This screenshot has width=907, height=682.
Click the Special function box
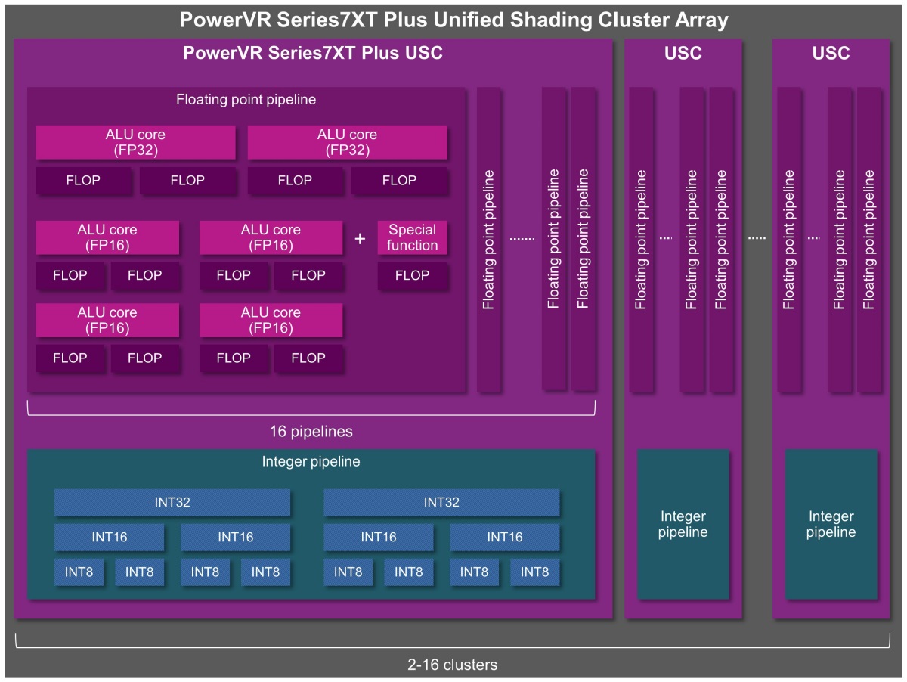(x=413, y=237)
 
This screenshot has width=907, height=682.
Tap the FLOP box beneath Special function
(x=413, y=275)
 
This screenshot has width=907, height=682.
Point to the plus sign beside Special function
(x=360, y=239)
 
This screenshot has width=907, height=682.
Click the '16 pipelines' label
(x=311, y=432)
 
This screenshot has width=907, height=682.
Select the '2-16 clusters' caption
(x=452, y=665)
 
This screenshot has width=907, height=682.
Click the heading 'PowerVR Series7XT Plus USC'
(x=313, y=54)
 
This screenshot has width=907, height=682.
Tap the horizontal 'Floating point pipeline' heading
(x=246, y=99)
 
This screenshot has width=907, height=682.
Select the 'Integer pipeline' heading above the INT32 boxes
(x=311, y=461)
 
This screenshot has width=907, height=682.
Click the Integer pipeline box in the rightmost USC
(x=831, y=524)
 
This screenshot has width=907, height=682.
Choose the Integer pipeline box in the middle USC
(x=683, y=524)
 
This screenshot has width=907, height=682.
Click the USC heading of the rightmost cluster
(x=831, y=54)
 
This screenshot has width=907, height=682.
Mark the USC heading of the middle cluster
(x=683, y=54)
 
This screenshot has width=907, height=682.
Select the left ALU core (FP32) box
(x=135, y=142)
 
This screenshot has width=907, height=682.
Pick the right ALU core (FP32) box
(x=347, y=142)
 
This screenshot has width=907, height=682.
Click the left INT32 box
(x=172, y=503)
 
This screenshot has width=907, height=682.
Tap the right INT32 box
(x=441, y=503)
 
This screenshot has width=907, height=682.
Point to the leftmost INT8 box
(x=79, y=572)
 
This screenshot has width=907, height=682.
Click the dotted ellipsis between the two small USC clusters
(x=757, y=239)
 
